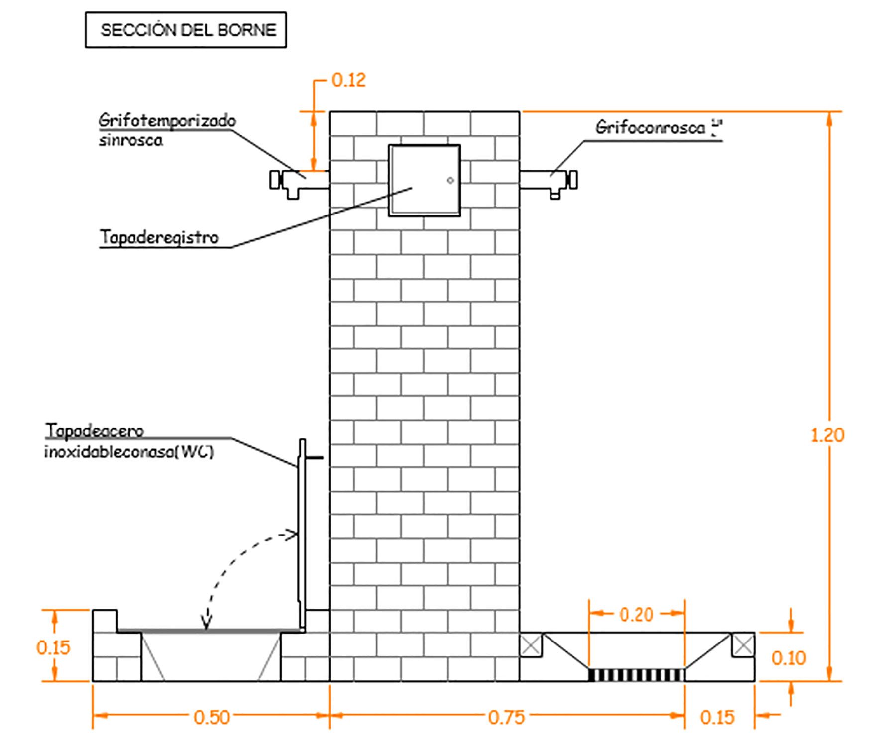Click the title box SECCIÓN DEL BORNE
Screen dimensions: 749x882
point(186,30)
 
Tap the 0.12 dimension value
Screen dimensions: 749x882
point(348,80)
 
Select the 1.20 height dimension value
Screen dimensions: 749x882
point(827,435)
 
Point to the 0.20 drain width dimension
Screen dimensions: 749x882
point(636,615)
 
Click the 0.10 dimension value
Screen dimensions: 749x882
point(789,658)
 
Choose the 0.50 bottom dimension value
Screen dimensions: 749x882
point(212,717)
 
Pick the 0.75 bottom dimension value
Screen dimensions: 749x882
point(506,717)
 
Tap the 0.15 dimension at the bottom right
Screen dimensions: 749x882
point(717,717)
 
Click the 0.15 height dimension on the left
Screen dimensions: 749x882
point(53,647)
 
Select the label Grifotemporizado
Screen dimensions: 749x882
point(167,121)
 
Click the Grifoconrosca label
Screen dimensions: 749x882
point(650,128)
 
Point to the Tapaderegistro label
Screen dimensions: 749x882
point(159,237)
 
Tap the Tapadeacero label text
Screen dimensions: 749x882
point(95,430)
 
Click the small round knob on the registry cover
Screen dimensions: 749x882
point(450,180)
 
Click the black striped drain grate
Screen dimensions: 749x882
point(636,675)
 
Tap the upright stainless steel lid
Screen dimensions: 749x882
point(302,533)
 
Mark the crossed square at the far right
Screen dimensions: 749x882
point(743,645)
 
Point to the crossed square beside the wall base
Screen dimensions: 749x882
point(531,645)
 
